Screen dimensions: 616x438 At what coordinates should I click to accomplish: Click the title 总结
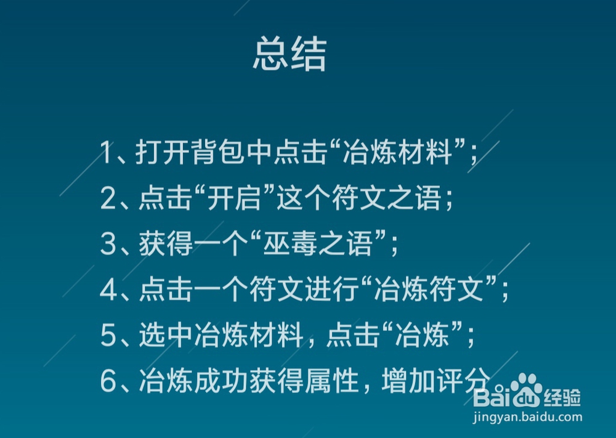[290, 54]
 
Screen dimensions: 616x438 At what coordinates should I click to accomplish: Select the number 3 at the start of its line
[108, 244]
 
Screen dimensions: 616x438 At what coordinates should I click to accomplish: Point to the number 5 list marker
[108, 336]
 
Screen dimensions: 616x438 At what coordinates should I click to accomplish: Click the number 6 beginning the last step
[108, 381]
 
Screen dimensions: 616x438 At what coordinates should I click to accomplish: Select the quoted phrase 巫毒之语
[318, 244]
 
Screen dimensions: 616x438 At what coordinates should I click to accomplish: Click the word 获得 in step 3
[166, 244]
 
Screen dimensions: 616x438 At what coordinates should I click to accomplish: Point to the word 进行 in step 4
[332, 290]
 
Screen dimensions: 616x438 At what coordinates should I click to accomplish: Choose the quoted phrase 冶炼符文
[429, 290]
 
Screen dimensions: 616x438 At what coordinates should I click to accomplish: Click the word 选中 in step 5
[166, 336]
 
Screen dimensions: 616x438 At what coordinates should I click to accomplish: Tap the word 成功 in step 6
[221, 381]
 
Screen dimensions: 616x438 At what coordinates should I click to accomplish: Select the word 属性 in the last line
[331, 381]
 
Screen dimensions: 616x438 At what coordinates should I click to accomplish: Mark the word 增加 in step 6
[408, 381]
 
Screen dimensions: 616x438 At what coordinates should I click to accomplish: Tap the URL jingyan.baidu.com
[527, 417]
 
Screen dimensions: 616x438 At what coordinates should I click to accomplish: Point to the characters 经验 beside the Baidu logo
[562, 397]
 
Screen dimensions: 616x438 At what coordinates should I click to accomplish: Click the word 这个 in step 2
[304, 198]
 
